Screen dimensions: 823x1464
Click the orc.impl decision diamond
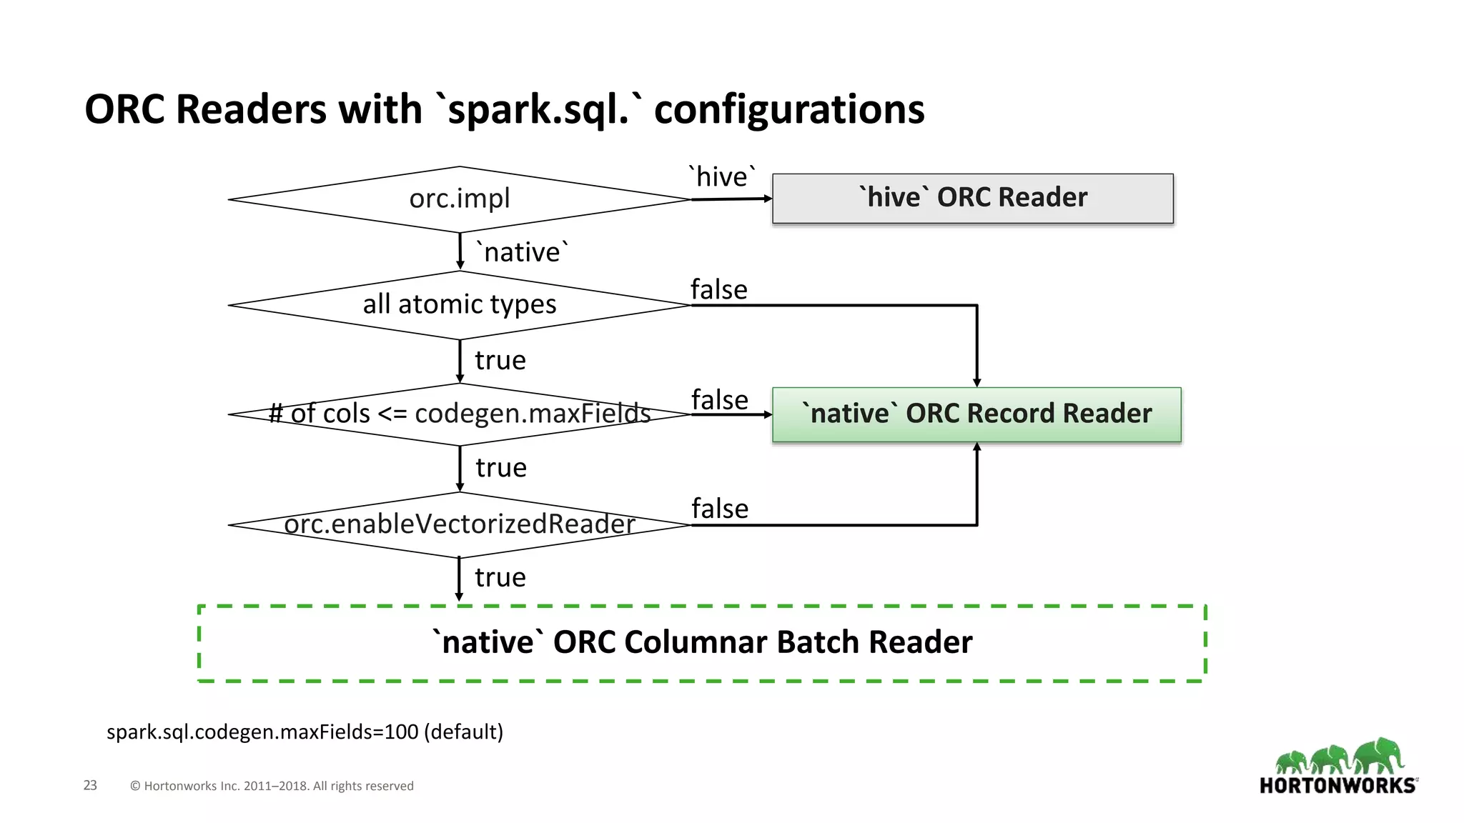(460, 199)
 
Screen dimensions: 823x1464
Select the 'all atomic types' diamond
(460, 304)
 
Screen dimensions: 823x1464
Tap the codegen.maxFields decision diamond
(460, 414)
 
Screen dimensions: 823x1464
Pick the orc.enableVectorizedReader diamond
(460, 524)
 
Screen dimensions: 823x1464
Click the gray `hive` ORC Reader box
(972, 198)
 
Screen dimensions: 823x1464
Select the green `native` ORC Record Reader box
(976, 414)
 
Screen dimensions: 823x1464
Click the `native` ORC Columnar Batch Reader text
(702, 642)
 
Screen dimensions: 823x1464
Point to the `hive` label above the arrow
(722, 176)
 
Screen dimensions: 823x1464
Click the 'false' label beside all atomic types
(718, 290)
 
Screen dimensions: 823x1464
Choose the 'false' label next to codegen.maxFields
(719, 400)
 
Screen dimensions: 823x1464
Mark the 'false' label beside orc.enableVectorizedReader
(719, 509)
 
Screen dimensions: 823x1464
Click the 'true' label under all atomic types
(500, 360)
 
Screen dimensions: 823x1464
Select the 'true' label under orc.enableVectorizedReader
(500, 577)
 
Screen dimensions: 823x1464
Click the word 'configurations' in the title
(788, 109)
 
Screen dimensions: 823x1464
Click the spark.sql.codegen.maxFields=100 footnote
(305, 732)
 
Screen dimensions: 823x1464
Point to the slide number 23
(90, 785)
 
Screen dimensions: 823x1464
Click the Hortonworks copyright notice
(272, 786)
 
